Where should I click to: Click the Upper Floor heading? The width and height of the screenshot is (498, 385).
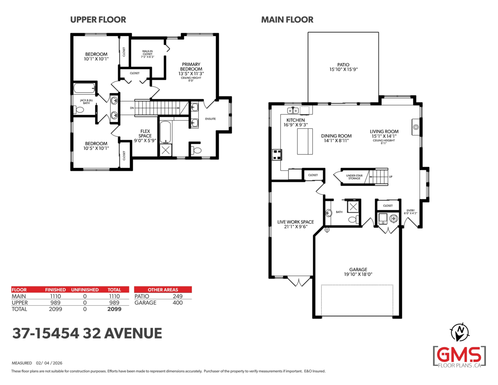click(98, 20)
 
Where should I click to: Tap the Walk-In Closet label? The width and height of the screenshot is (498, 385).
click(147, 53)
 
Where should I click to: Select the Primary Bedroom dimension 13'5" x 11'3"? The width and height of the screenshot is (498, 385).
click(191, 74)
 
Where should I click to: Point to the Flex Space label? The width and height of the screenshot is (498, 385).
click(145, 133)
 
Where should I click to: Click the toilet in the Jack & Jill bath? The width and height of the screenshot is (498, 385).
click(78, 109)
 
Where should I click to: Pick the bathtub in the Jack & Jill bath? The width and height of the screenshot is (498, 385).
click(84, 88)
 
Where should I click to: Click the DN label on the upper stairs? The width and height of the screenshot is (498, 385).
click(132, 108)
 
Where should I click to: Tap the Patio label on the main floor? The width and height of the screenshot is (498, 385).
click(343, 65)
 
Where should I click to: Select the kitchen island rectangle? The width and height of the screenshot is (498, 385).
click(305, 141)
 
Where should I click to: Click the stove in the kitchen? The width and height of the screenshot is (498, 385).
click(277, 154)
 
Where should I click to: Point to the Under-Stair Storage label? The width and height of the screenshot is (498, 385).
click(354, 177)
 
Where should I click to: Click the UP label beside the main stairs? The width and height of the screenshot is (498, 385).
click(391, 177)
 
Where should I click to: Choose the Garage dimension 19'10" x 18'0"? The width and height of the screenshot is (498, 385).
click(358, 274)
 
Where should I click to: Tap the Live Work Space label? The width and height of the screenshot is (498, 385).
click(295, 222)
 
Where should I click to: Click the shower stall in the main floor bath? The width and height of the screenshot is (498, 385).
click(353, 207)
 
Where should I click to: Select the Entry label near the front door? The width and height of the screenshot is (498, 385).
click(410, 210)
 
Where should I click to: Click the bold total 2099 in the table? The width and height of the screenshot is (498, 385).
click(115, 309)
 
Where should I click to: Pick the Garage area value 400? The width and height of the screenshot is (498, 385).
click(178, 303)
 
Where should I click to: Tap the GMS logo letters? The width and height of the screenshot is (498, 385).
click(459, 355)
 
